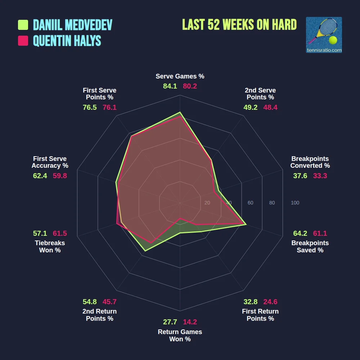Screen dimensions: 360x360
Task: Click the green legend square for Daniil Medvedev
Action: (x=23, y=25)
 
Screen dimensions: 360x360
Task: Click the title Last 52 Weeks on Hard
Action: (x=239, y=25)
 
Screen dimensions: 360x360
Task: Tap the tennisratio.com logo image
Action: (x=324, y=35)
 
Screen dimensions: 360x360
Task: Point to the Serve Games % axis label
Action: (x=180, y=76)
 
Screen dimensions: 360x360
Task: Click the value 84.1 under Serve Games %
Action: (x=170, y=86)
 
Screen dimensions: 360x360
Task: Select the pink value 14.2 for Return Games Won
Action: (x=190, y=322)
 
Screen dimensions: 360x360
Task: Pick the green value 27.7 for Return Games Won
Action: (x=170, y=322)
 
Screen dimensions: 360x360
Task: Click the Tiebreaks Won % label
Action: (x=50, y=247)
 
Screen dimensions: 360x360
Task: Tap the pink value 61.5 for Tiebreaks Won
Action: (x=60, y=233)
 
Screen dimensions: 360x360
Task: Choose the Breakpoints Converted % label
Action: (x=310, y=162)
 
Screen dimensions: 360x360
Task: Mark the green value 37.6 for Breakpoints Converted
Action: (x=300, y=176)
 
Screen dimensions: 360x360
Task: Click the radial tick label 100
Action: (x=295, y=203)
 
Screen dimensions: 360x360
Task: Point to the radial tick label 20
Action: (x=207, y=203)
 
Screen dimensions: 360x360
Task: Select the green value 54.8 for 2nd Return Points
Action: (x=90, y=302)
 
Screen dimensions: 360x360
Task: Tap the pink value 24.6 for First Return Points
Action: (x=270, y=302)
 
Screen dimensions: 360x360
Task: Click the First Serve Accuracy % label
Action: (x=50, y=162)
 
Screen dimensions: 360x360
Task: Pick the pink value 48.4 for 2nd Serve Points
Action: (x=270, y=107)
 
